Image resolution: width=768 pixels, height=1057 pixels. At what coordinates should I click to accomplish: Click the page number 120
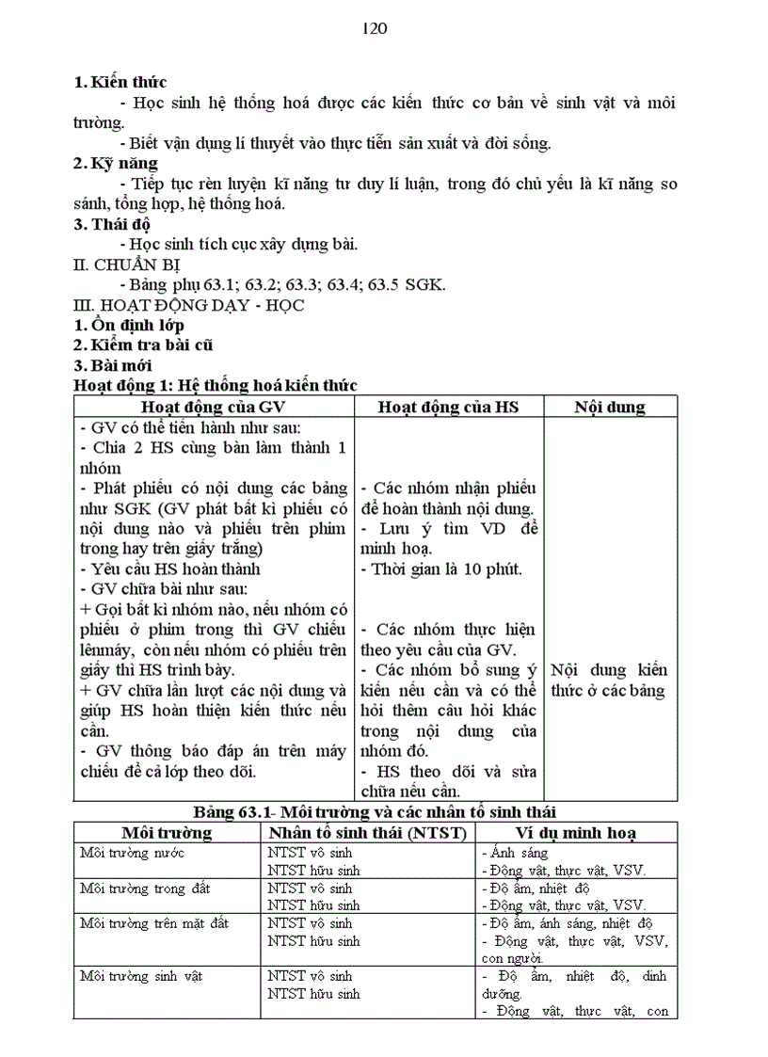(375, 28)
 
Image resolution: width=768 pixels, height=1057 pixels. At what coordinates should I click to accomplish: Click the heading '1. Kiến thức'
(120, 82)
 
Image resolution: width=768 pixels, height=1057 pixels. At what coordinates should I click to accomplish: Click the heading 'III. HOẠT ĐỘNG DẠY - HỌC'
(188, 305)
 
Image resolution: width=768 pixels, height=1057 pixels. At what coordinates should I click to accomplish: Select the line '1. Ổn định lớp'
(128, 326)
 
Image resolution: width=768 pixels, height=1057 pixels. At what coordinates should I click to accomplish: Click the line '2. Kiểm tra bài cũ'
(143, 345)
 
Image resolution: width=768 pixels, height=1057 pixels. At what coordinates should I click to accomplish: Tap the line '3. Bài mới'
(112, 365)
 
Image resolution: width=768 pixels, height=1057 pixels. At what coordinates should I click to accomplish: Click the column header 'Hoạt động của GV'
(213, 407)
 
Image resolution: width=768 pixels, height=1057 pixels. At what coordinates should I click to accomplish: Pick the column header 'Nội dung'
(609, 407)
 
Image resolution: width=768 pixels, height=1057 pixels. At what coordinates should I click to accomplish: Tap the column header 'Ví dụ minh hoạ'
(576, 832)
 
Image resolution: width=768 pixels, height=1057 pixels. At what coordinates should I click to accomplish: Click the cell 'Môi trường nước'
(132, 853)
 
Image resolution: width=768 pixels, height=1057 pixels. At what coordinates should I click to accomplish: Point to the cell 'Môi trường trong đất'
(145, 888)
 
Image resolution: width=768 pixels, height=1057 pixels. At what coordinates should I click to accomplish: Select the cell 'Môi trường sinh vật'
(141, 976)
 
